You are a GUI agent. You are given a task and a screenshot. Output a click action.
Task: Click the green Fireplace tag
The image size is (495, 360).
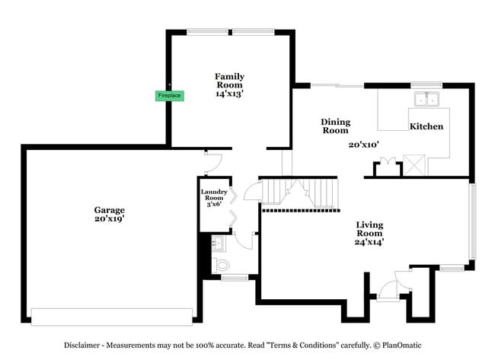(x=169, y=96)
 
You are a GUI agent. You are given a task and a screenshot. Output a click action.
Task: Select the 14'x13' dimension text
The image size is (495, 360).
(x=229, y=94)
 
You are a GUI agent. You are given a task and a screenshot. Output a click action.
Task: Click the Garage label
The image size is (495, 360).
(x=110, y=209)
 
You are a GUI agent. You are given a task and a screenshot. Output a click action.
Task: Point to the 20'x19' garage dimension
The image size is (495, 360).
(x=110, y=218)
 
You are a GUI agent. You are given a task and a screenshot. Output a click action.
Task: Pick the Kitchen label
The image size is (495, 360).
(x=426, y=126)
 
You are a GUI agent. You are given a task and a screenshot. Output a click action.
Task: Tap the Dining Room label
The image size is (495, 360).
(x=335, y=126)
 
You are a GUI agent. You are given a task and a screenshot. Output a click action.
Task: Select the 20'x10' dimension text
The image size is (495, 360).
(x=364, y=144)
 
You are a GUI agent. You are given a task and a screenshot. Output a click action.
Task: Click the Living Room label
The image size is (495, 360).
(x=370, y=229)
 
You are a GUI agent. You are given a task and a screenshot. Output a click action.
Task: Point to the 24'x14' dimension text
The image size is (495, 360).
(x=371, y=242)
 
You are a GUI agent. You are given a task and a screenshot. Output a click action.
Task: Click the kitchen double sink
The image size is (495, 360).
(x=428, y=98)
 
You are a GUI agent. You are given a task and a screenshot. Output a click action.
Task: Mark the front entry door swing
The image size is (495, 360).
(x=387, y=289)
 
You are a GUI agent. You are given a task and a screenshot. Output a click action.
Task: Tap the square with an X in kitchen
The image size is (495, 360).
(x=415, y=164)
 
